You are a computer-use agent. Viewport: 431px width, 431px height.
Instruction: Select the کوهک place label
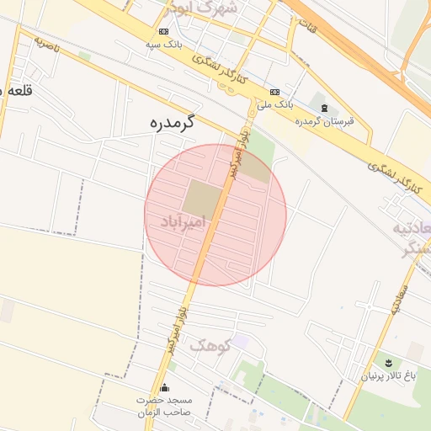(209, 344)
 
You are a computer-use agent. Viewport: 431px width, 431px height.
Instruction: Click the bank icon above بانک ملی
(275, 92)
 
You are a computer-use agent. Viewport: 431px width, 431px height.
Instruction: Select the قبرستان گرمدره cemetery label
(324, 121)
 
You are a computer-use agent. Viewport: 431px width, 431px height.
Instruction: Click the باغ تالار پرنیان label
(389, 375)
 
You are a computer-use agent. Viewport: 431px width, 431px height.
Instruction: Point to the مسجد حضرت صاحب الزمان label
(165, 407)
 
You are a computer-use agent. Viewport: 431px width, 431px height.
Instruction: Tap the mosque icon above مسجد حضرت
(164, 388)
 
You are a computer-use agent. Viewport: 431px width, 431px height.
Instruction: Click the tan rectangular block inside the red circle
(202, 198)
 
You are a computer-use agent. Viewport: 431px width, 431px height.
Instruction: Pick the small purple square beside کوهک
(241, 342)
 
